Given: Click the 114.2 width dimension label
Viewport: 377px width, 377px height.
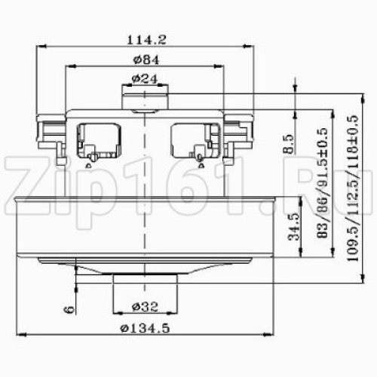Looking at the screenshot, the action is (x=146, y=40).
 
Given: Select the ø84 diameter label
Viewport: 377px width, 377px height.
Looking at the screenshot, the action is (x=146, y=60).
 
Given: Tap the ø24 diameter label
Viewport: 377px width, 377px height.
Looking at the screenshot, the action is (x=145, y=79).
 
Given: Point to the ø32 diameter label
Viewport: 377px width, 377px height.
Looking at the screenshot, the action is (x=145, y=307).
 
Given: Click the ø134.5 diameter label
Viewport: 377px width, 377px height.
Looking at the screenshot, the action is (x=145, y=328).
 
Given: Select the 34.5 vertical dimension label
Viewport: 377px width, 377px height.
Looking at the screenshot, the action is (x=293, y=227).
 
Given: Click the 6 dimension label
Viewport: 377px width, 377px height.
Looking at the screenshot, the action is (x=69, y=309).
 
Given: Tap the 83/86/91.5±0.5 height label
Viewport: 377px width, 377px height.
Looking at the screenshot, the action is (x=322, y=183).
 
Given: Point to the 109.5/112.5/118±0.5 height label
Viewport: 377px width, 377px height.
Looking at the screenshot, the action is (x=353, y=188).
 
